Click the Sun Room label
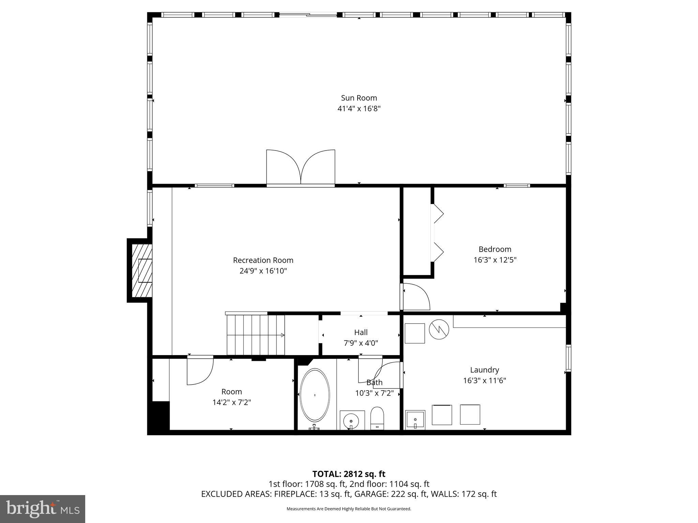pyautogui.click(x=359, y=98)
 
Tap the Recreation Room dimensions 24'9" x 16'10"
pyautogui.click(x=263, y=271)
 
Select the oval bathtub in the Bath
pyautogui.click(x=315, y=395)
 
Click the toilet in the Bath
pyautogui.click(x=377, y=417)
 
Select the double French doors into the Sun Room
pyautogui.click(x=301, y=168)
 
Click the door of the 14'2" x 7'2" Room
pyautogui.click(x=200, y=371)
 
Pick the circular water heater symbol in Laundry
pyautogui.click(x=439, y=329)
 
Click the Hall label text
pyautogui.click(x=361, y=332)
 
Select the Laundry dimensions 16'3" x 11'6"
pyautogui.click(x=484, y=381)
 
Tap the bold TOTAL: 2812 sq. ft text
pyautogui.click(x=349, y=474)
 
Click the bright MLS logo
pyautogui.click(x=43, y=509)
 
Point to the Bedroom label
pyautogui.click(x=495, y=249)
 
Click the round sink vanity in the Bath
pyautogui.click(x=352, y=421)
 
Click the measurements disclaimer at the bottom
pyautogui.click(x=349, y=509)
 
